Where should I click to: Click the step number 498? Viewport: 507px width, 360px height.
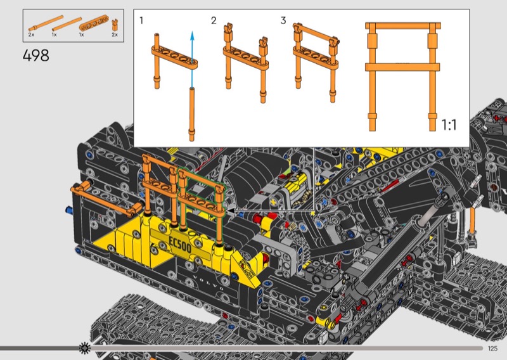click(36, 55)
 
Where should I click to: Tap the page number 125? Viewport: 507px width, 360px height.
click(492, 348)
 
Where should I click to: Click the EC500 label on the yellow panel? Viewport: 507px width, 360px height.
click(180, 245)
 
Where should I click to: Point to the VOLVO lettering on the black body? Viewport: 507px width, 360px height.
click(209, 283)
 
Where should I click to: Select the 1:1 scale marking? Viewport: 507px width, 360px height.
click(449, 125)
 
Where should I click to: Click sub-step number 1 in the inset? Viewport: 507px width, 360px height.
click(141, 20)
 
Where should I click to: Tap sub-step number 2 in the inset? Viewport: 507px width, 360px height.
click(214, 21)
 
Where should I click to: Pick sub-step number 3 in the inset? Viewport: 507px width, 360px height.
click(283, 21)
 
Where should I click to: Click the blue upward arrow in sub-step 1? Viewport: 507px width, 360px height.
click(192, 59)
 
